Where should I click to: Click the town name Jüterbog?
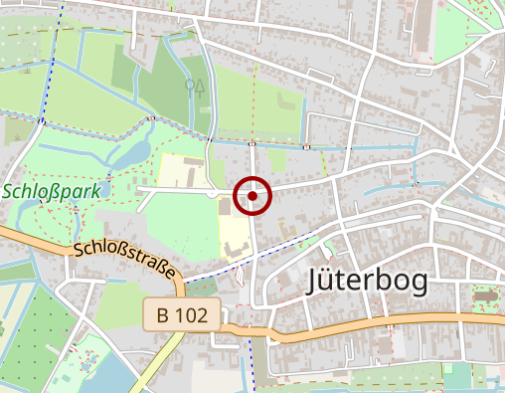coord(368,281)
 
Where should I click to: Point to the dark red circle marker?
coord(253,196)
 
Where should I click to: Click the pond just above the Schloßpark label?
coord(129,156)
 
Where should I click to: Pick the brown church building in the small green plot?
coord(484,296)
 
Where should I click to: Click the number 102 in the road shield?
coord(193,315)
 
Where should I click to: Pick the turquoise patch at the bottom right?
coord(456,376)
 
